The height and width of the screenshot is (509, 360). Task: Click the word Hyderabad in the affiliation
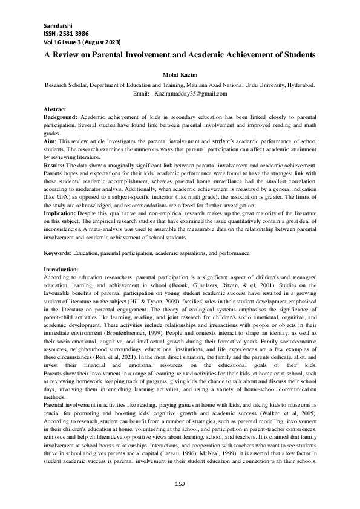[x=299, y=85]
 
